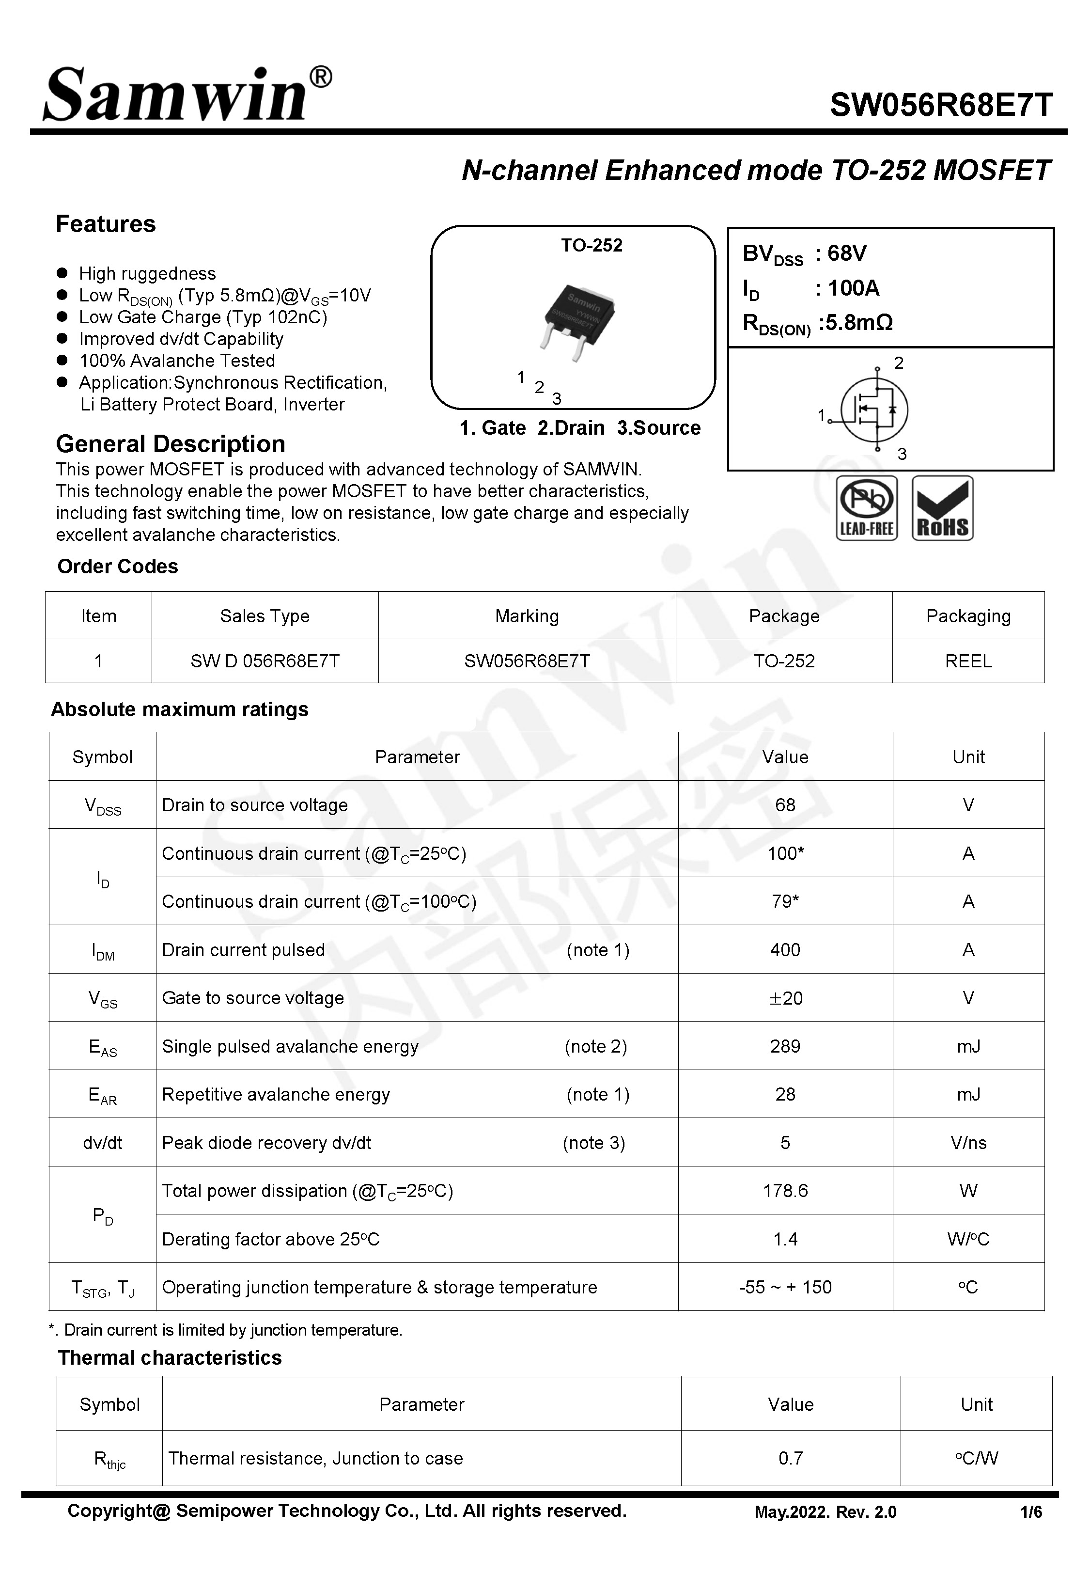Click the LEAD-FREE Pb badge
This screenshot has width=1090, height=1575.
point(866,508)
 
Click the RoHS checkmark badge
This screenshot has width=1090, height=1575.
point(942,508)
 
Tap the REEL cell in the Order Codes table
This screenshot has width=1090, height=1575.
point(968,661)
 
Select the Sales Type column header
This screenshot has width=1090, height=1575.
point(265,616)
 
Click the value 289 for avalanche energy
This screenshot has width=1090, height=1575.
point(785,1046)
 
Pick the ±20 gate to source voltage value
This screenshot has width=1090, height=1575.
point(785,998)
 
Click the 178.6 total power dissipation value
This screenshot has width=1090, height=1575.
point(785,1191)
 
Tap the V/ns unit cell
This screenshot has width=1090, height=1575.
point(968,1143)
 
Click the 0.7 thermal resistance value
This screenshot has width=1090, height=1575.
point(790,1458)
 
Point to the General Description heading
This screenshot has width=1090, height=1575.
point(170,444)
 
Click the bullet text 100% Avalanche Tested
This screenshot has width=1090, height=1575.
point(177,361)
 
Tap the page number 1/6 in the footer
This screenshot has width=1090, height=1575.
point(1030,1512)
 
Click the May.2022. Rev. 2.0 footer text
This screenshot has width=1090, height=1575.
point(825,1512)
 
